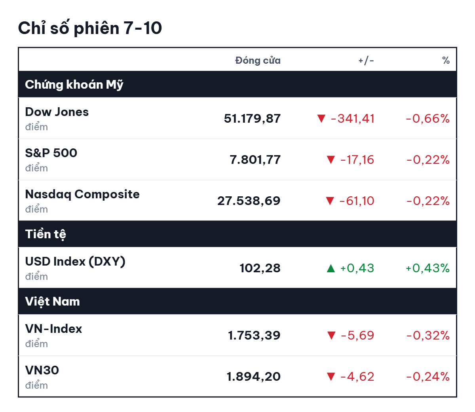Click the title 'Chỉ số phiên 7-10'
click(90, 28)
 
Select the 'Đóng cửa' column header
click(258, 60)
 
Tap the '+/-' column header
click(366, 61)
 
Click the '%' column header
click(446, 60)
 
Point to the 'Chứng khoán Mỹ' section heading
click(74, 84)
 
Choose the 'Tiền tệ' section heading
click(46, 234)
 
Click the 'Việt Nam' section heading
click(53, 301)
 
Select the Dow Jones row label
click(57, 112)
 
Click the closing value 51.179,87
click(252, 119)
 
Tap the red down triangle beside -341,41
click(321, 118)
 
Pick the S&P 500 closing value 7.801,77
click(255, 159)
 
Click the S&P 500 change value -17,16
click(357, 159)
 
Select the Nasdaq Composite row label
click(82, 194)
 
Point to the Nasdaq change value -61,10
click(357, 201)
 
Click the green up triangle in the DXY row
click(331, 268)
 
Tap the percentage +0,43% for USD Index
click(427, 268)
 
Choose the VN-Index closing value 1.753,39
click(254, 335)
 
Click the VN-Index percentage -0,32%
click(428, 335)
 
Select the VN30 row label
click(42, 370)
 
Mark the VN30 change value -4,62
click(357, 376)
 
